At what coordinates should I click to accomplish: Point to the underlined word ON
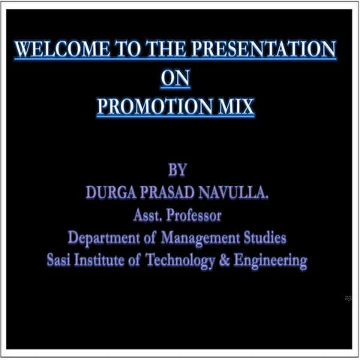click(176, 79)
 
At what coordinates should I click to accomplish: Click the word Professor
click(196, 216)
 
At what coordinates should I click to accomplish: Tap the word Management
click(199, 238)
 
